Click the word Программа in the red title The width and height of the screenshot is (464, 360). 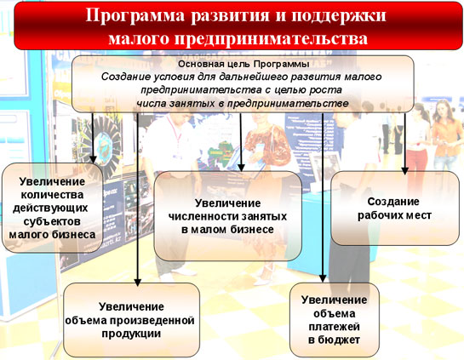[135, 15]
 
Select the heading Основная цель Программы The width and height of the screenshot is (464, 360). [243, 64]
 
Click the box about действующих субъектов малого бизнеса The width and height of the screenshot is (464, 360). [53, 208]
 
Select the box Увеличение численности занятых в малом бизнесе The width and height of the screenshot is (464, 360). [228, 216]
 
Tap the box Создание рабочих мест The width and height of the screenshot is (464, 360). [395, 209]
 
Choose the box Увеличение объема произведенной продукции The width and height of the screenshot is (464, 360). [131, 320]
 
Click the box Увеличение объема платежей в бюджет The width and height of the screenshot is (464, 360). [335, 320]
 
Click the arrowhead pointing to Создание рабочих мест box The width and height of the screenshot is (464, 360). [404, 171]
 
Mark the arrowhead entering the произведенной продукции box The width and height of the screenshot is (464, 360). [137, 283]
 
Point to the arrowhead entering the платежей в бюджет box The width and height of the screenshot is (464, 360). [323, 278]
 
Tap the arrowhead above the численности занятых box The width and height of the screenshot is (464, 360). [241, 168]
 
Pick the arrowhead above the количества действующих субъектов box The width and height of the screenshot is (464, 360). [93, 159]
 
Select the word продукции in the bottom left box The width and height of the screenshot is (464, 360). [131, 334]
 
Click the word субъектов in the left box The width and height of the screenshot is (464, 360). [52, 221]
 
